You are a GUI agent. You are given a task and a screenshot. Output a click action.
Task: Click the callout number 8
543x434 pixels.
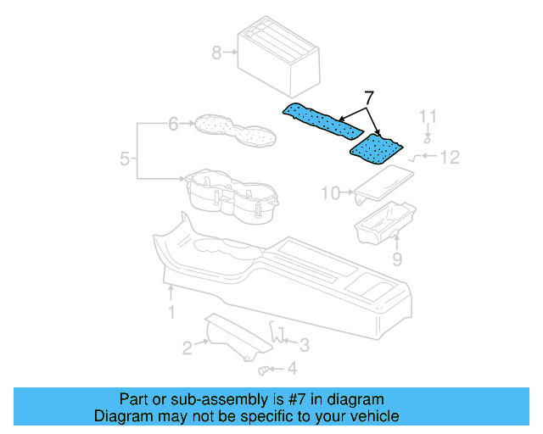click(216, 53)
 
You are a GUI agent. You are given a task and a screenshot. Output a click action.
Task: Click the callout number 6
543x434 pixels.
click(173, 125)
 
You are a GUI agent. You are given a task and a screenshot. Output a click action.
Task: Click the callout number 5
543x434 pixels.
click(125, 159)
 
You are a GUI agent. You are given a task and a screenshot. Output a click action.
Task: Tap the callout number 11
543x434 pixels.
click(428, 116)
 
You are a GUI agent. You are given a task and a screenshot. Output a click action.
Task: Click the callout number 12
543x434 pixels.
click(449, 157)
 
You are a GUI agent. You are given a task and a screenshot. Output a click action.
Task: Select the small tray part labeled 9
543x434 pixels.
click(383, 222)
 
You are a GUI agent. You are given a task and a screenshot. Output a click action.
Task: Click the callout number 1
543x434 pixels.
click(171, 313)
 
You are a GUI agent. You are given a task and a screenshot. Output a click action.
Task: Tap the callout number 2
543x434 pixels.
click(186, 346)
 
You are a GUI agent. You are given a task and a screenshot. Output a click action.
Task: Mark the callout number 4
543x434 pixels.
click(292, 369)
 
